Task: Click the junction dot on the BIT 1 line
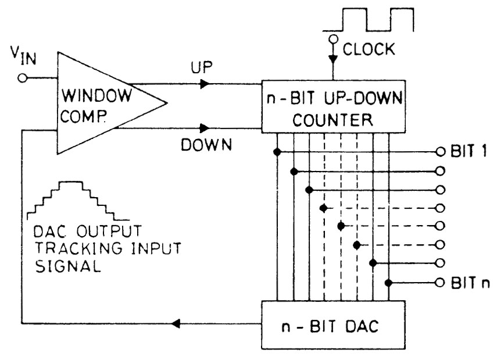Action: click(278, 152)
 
